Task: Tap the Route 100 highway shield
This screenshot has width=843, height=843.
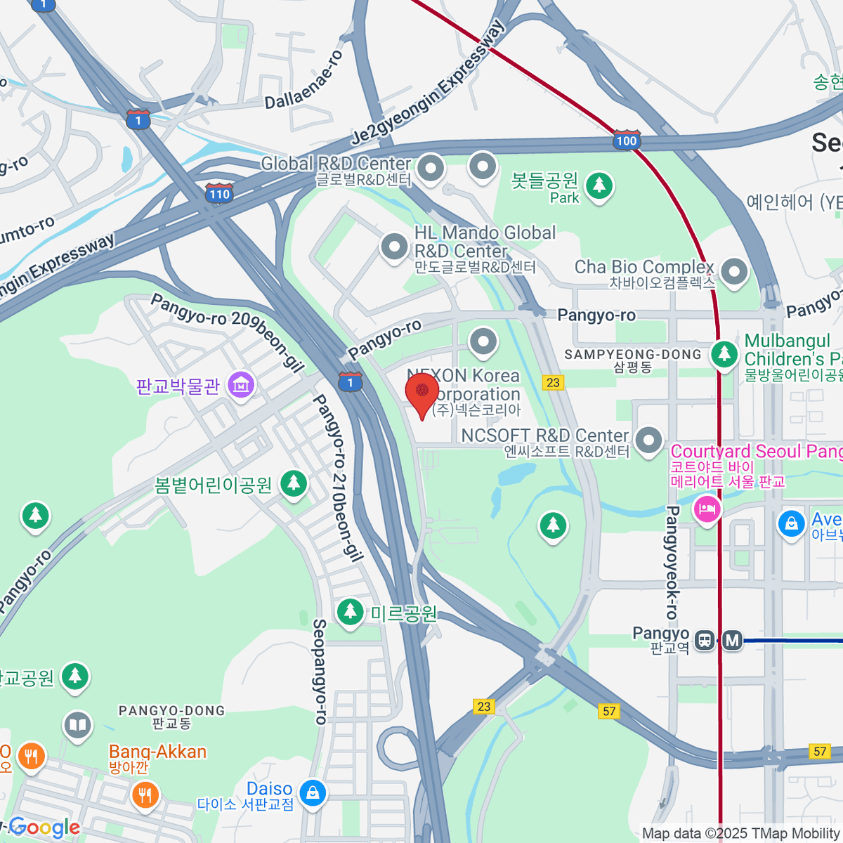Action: [x=626, y=139]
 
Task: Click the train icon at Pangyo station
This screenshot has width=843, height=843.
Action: [x=704, y=641]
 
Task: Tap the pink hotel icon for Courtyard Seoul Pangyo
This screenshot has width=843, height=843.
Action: [x=707, y=509]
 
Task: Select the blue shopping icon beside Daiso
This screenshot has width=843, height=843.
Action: [x=312, y=793]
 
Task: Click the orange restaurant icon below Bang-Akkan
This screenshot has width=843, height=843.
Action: [x=145, y=795]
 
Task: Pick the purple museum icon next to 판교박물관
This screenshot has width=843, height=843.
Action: [x=241, y=384]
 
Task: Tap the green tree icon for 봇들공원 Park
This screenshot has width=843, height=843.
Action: [x=599, y=186]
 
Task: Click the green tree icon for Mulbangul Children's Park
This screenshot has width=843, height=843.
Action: [x=724, y=353]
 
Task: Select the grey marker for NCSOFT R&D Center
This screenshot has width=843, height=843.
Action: [x=648, y=441]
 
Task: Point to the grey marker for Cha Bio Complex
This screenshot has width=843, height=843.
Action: [x=734, y=272]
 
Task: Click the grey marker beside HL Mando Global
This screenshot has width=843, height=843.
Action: [x=394, y=247]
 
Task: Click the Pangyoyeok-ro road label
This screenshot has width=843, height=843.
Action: [x=672, y=562]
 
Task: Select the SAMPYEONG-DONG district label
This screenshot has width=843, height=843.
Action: [x=632, y=355]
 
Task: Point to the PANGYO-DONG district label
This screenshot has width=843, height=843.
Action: [x=171, y=711]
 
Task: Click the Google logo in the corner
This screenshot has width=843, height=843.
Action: [x=44, y=828]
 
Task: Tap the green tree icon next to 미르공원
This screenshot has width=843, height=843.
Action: [x=349, y=612]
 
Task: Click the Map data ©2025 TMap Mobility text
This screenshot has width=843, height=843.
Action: [x=741, y=834]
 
